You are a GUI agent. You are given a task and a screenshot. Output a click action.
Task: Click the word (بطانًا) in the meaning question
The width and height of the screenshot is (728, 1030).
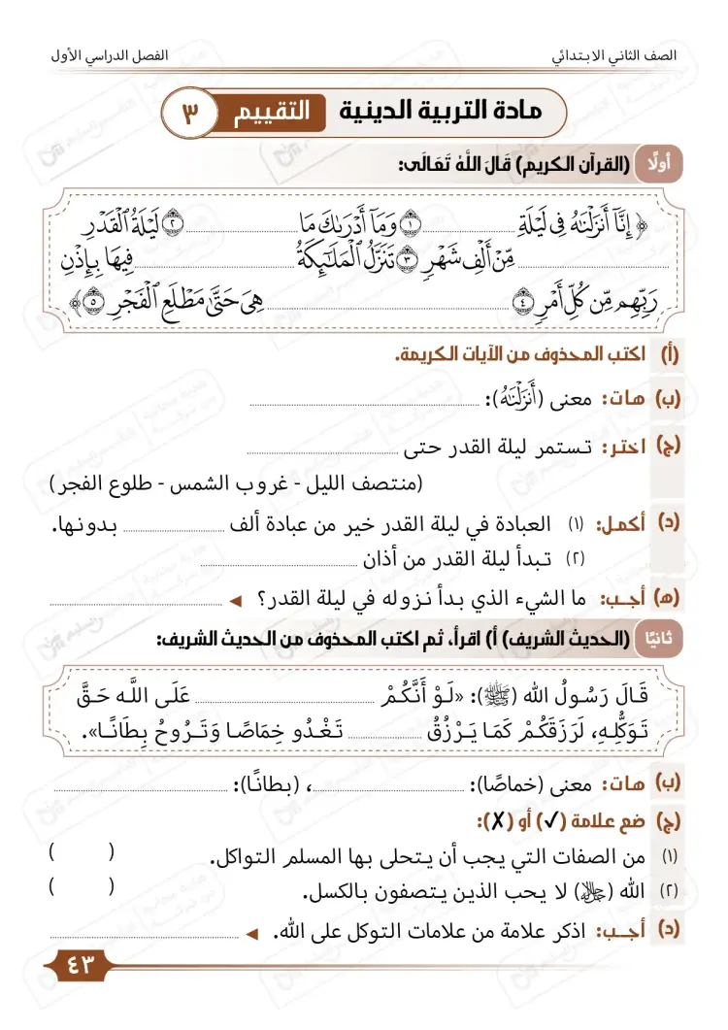pyautogui.click(x=272, y=783)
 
